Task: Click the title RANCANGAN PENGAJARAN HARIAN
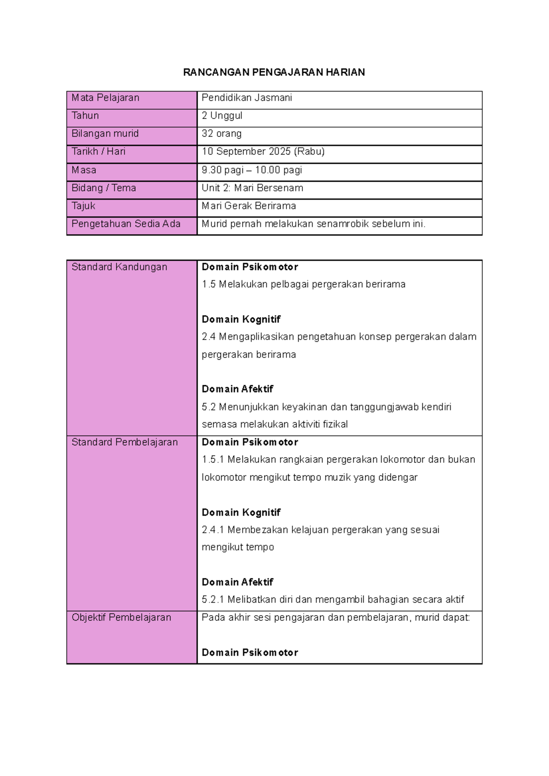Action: [274, 72]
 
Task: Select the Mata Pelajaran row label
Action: [105, 98]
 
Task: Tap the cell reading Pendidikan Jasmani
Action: [247, 98]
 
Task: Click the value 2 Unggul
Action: [222, 116]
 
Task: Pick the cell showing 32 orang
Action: [221, 134]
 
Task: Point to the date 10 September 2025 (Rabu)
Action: [263, 151]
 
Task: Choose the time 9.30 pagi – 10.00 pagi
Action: [252, 170]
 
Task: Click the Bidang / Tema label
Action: [103, 188]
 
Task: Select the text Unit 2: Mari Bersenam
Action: [252, 188]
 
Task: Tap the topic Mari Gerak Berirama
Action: [248, 206]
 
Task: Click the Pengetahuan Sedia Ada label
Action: [126, 224]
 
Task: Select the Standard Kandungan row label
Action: [119, 267]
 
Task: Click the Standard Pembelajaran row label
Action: [124, 442]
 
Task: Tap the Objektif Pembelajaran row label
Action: [121, 618]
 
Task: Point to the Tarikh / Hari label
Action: [98, 151]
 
